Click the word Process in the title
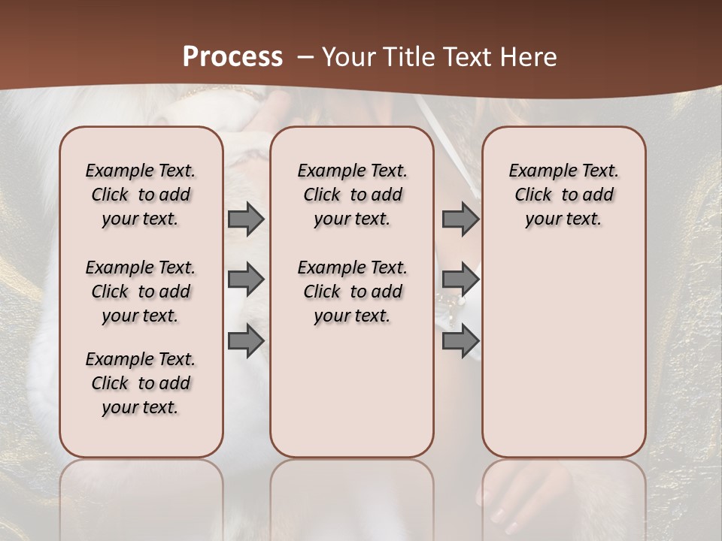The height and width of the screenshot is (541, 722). pos(232,56)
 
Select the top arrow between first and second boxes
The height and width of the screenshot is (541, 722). pos(246,219)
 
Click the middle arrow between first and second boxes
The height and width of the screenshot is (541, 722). pos(246,280)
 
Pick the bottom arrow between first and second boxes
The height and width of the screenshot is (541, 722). pos(246,341)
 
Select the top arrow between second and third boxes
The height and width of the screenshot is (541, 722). pos(460,219)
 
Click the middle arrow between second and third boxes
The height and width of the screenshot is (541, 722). pos(460,280)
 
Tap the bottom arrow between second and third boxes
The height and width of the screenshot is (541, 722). pos(460,341)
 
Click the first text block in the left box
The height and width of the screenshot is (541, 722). pos(141,195)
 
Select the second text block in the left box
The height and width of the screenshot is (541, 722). pos(141,292)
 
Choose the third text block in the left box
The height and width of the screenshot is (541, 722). pos(141,383)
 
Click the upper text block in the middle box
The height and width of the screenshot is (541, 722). pos(352,195)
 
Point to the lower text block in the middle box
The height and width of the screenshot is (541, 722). pos(352,292)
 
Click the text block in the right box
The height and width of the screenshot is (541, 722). pos(564,195)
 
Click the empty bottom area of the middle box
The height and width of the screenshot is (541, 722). pos(352,398)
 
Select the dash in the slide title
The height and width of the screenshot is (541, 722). pos(306,56)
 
